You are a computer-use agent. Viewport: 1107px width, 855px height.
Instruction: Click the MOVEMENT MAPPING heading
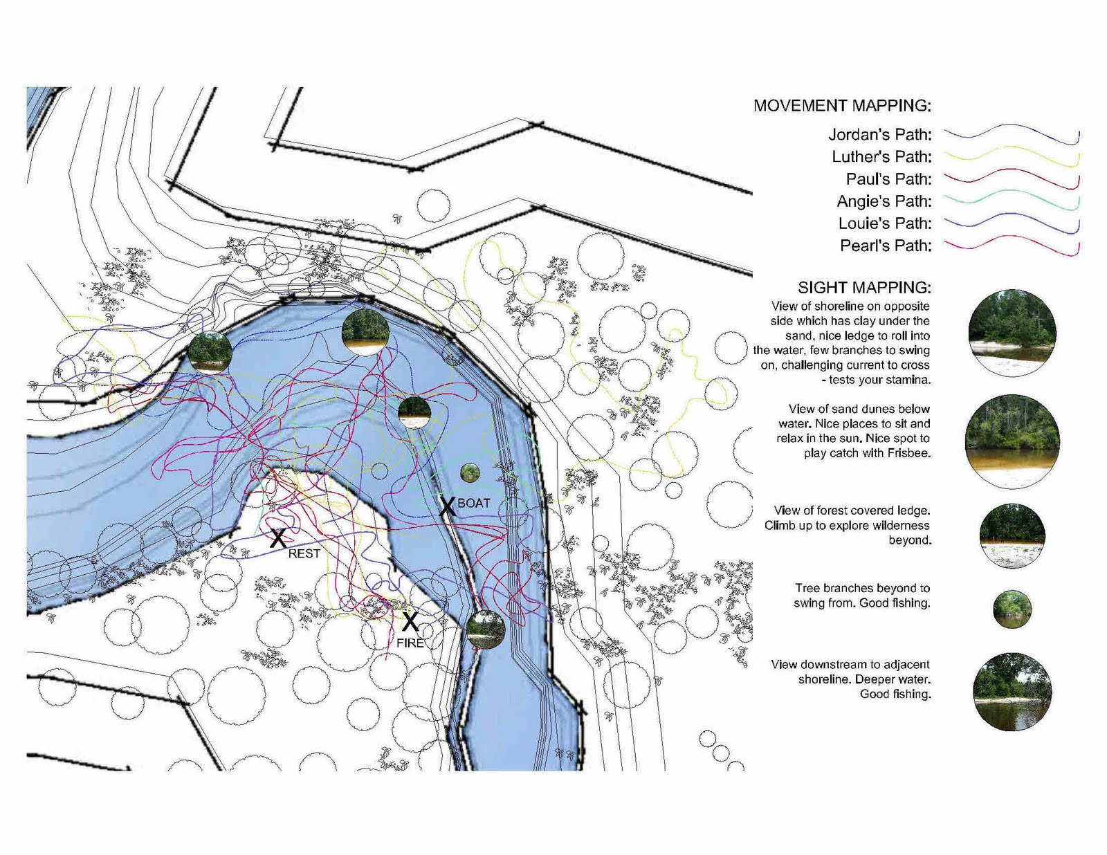(842, 105)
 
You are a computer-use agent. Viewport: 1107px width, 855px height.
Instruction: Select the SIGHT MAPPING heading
(864, 287)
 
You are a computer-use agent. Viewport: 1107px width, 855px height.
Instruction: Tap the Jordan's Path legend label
(880, 134)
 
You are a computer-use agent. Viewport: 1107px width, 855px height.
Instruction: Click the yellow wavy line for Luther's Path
(1012, 156)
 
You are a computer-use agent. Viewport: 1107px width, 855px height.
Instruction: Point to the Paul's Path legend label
(888, 178)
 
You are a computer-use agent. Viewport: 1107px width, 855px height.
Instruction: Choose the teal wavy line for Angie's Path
(1012, 200)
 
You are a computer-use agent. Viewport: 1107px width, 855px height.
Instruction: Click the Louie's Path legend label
(885, 223)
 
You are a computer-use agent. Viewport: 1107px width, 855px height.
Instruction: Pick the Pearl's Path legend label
(886, 246)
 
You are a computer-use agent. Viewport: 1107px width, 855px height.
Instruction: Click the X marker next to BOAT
(447, 506)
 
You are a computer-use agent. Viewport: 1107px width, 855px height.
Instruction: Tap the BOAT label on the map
(474, 503)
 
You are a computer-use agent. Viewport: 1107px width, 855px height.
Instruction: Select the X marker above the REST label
(277, 538)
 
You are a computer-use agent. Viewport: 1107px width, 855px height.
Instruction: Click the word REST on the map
(304, 553)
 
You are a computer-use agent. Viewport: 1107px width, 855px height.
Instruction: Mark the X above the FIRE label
(410, 621)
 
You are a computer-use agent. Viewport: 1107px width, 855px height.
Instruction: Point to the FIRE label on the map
(410, 643)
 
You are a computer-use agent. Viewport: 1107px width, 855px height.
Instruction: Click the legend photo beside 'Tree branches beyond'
(1012, 609)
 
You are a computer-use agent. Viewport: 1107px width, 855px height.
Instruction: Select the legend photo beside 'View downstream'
(1012, 692)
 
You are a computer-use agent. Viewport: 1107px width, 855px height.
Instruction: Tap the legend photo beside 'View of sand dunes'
(1012, 441)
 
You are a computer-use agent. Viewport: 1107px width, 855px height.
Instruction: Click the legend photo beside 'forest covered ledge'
(1012, 535)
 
